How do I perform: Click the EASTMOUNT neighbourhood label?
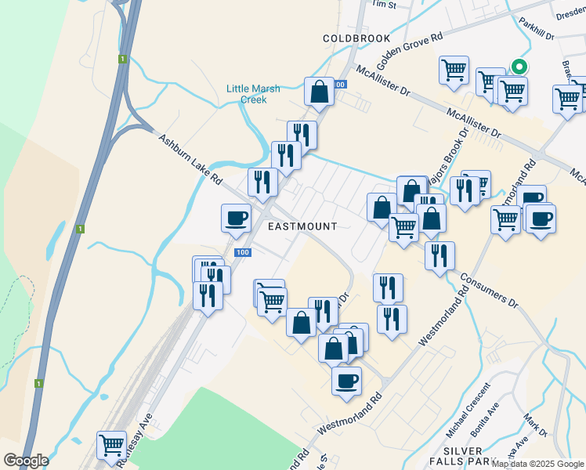click(302, 226)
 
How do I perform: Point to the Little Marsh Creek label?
click(253, 94)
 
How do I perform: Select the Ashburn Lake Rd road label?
click(190, 161)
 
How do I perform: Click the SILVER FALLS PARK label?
click(461, 457)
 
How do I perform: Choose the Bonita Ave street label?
click(484, 421)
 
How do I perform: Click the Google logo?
click(26, 461)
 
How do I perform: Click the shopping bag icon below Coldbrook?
click(320, 92)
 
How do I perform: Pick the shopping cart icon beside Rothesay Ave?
click(111, 446)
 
